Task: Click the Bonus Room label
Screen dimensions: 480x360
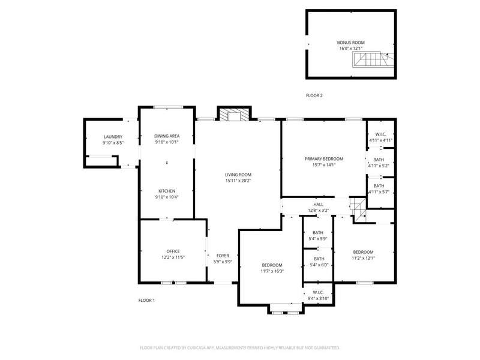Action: pyautogui.click(x=351, y=43)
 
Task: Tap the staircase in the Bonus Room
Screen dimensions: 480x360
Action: pyautogui.click(x=373, y=59)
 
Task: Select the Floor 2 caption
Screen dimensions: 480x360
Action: pyautogui.click(x=314, y=95)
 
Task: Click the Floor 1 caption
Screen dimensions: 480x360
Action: pyautogui.click(x=146, y=301)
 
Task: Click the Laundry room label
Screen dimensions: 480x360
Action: pyautogui.click(x=113, y=137)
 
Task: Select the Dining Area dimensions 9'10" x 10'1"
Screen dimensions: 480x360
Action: pyautogui.click(x=167, y=142)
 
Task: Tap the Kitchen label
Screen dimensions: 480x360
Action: pyautogui.click(x=167, y=191)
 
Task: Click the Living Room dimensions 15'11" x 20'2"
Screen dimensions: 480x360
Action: pyautogui.click(x=238, y=181)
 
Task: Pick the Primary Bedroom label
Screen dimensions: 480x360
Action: pyautogui.click(x=324, y=159)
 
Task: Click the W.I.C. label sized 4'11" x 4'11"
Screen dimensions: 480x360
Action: pyautogui.click(x=381, y=134)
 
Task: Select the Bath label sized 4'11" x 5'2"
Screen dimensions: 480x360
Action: pyautogui.click(x=379, y=160)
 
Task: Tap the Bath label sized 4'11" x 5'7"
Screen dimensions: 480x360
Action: pyautogui.click(x=379, y=186)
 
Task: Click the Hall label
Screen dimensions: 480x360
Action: pyautogui.click(x=319, y=205)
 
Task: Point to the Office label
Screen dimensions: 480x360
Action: pyautogui.click(x=173, y=251)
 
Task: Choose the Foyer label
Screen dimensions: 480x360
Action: pyautogui.click(x=223, y=256)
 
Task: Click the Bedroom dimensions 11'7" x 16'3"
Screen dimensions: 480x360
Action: pyautogui.click(x=272, y=271)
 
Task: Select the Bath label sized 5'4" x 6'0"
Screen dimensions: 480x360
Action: pyautogui.click(x=319, y=259)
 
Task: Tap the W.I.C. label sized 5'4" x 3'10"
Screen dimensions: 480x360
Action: pyautogui.click(x=319, y=292)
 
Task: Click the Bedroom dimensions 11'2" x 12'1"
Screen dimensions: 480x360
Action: pyautogui.click(x=364, y=258)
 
